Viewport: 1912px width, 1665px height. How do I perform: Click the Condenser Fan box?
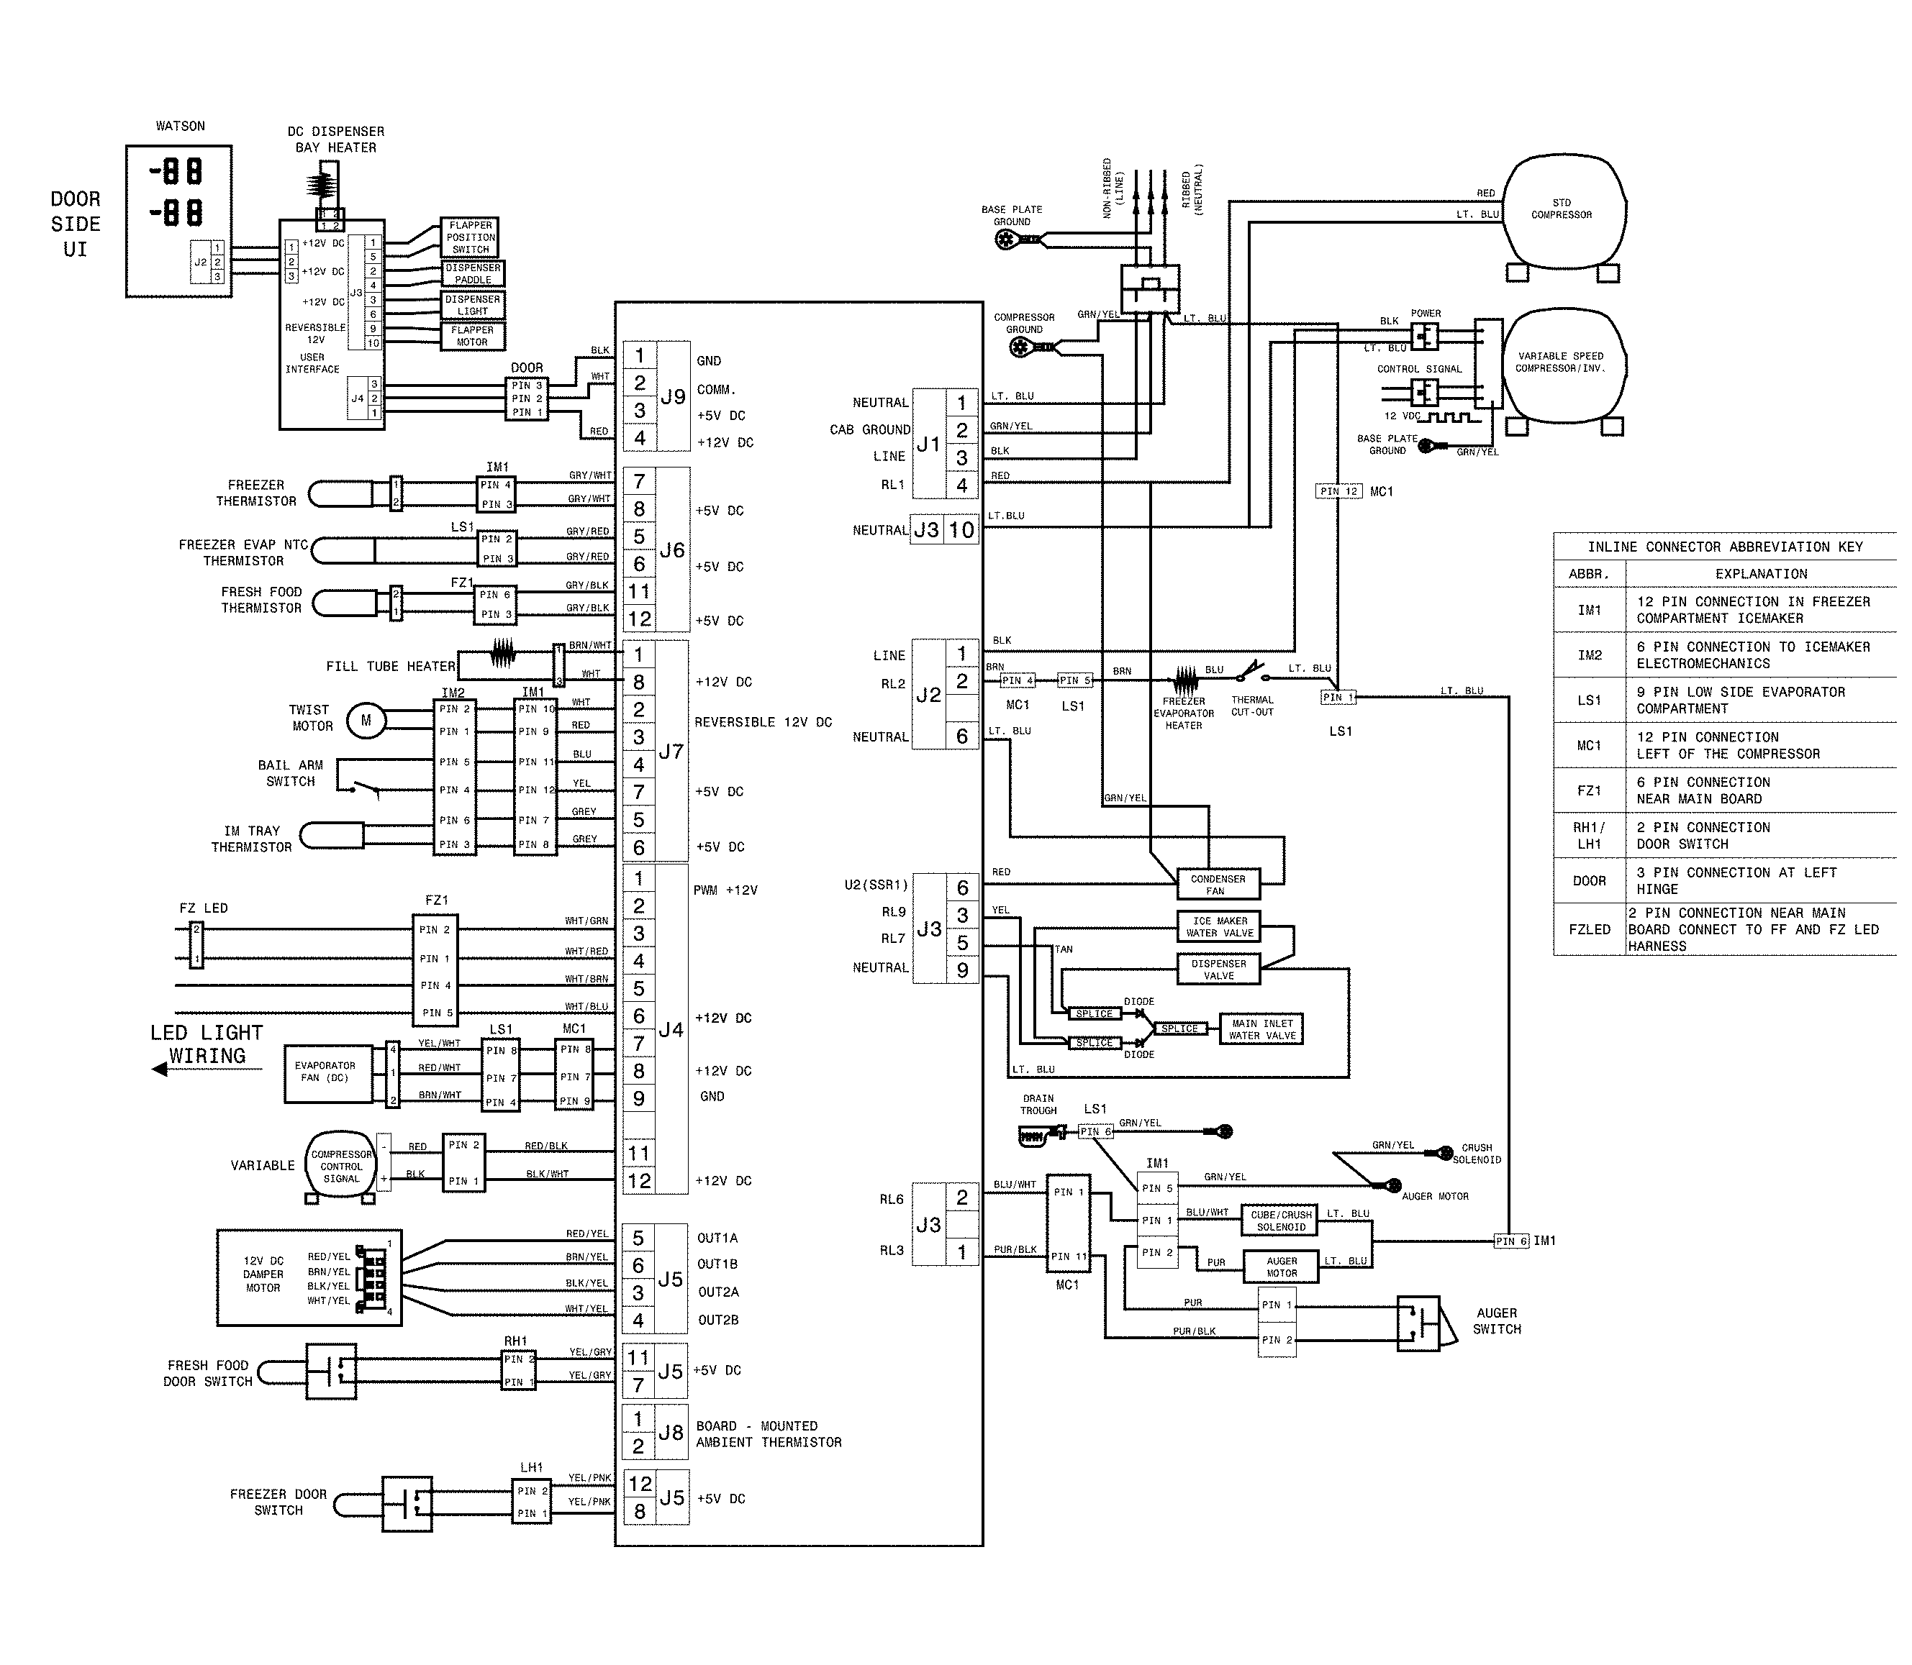[x=1218, y=885]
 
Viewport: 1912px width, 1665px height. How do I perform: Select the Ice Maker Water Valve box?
[x=1220, y=927]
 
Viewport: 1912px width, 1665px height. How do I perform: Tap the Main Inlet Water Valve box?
[x=1261, y=1029]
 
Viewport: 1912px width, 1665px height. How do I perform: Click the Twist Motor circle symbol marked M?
[x=366, y=720]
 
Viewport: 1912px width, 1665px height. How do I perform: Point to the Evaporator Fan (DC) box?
[x=325, y=1072]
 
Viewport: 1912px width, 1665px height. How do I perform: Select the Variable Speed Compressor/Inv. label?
[x=1561, y=362]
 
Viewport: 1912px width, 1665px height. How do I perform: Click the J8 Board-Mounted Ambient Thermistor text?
[x=769, y=1433]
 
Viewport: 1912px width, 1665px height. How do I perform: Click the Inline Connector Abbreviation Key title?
[x=1724, y=547]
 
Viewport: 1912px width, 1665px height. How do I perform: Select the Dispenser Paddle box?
[x=472, y=273]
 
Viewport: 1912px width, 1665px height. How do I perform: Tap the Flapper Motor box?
[x=472, y=335]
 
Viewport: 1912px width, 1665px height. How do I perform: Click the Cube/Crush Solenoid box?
[x=1281, y=1221]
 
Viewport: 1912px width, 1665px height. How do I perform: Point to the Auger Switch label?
[x=1497, y=1320]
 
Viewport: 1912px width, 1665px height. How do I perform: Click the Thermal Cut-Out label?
[x=1252, y=706]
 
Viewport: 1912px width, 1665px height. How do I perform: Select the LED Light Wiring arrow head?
[x=160, y=1069]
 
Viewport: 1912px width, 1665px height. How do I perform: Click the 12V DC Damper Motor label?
[x=263, y=1274]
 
